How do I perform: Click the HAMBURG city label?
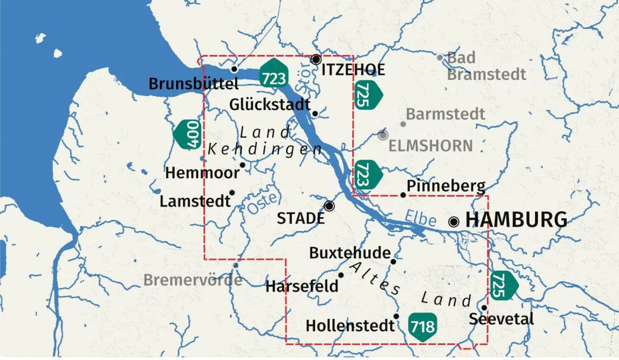pos(516,220)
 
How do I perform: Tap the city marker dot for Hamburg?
pos(454,222)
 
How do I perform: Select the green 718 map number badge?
pos(422,326)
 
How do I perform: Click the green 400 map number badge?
pos(188,135)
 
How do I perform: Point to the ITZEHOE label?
pos(353,70)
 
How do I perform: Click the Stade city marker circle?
pos(330,206)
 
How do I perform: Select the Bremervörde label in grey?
pos(193,279)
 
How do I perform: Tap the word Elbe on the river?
pos(420,218)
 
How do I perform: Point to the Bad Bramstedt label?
pos(486,66)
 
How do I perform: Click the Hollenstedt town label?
pos(350,326)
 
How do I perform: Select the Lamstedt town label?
pos(194,201)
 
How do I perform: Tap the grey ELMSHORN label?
pos(430,146)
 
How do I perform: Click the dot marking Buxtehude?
pos(393,261)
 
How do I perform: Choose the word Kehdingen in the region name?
pos(265,149)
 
